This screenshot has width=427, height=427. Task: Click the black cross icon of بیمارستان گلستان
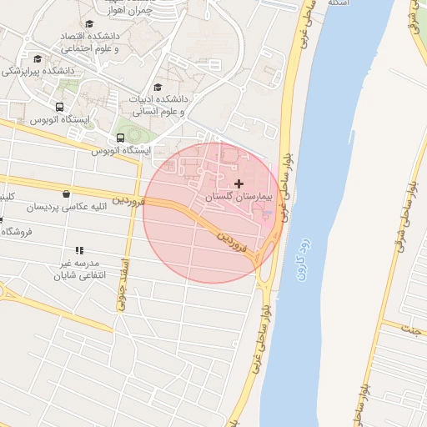click(x=239, y=183)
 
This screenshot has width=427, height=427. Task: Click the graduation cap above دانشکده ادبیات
click(x=158, y=87)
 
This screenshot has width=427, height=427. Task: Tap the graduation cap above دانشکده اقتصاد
click(x=89, y=23)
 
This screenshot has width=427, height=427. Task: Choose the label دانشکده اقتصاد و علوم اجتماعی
click(x=89, y=43)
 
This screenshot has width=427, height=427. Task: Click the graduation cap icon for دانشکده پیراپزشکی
click(x=38, y=58)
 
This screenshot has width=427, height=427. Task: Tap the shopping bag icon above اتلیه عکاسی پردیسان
click(x=66, y=194)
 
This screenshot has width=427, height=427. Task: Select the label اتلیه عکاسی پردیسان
click(x=65, y=207)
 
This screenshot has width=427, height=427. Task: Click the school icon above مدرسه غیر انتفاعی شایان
click(x=79, y=250)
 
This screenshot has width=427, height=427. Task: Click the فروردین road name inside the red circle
click(x=234, y=241)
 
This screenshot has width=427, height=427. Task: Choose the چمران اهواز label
click(x=131, y=11)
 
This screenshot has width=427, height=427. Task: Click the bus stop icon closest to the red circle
click(x=121, y=138)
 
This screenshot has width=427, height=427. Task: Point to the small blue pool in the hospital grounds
click(x=267, y=216)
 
